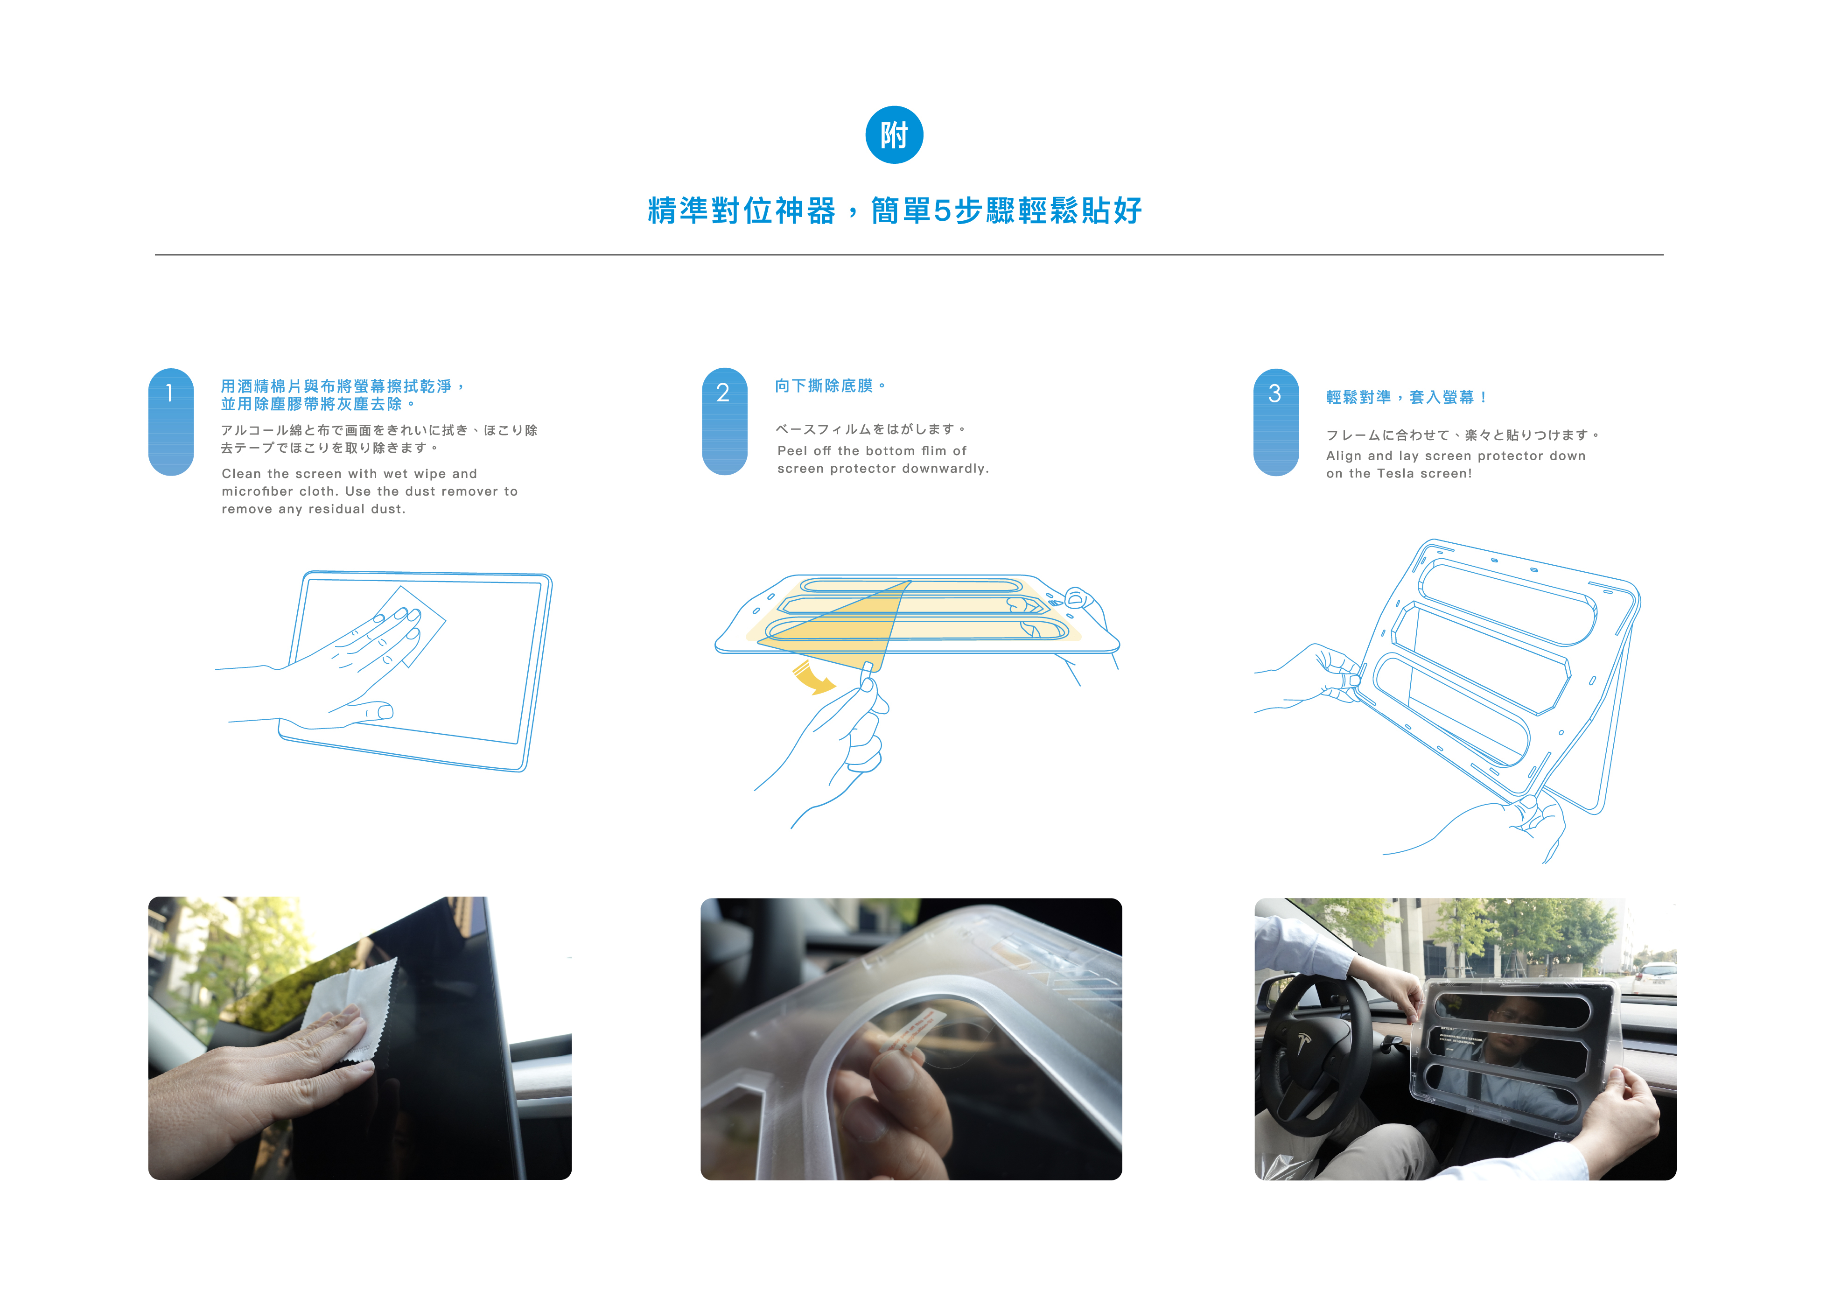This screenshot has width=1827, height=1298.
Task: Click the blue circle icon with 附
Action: (x=894, y=134)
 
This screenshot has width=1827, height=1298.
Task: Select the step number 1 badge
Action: (x=170, y=422)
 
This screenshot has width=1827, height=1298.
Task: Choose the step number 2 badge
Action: (x=724, y=421)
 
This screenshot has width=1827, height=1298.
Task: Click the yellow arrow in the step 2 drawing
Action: (x=813, y=678)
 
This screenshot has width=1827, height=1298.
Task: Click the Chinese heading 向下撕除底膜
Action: (x=824, y=386)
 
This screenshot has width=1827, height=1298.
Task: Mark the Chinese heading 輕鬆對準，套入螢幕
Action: (x=1400, y=397)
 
